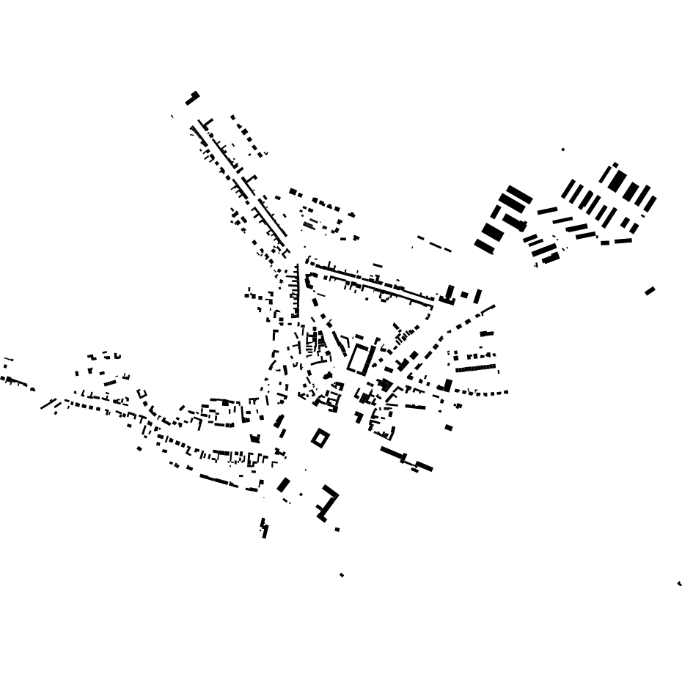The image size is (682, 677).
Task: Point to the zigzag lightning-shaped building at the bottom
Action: pos(264,528)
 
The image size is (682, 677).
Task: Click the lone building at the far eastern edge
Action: pos(650,291)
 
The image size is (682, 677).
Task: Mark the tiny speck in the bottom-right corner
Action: pos(679,583)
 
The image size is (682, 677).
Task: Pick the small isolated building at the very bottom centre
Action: pos(341,575)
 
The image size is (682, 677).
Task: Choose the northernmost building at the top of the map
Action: pos(192,98)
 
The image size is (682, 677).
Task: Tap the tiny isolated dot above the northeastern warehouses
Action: pos(563,149)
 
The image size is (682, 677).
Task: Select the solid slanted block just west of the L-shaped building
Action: pos(283,484)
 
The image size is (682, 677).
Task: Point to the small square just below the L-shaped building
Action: pos(337,529)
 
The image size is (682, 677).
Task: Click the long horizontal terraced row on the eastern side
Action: pos(476,368)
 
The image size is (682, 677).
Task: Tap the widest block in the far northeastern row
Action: pos(617,180)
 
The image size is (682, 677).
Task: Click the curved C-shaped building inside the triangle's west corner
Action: pos(309,281)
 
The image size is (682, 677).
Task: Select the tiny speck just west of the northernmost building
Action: pos(172,116)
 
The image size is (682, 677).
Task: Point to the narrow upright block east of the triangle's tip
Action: pos(478,297)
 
